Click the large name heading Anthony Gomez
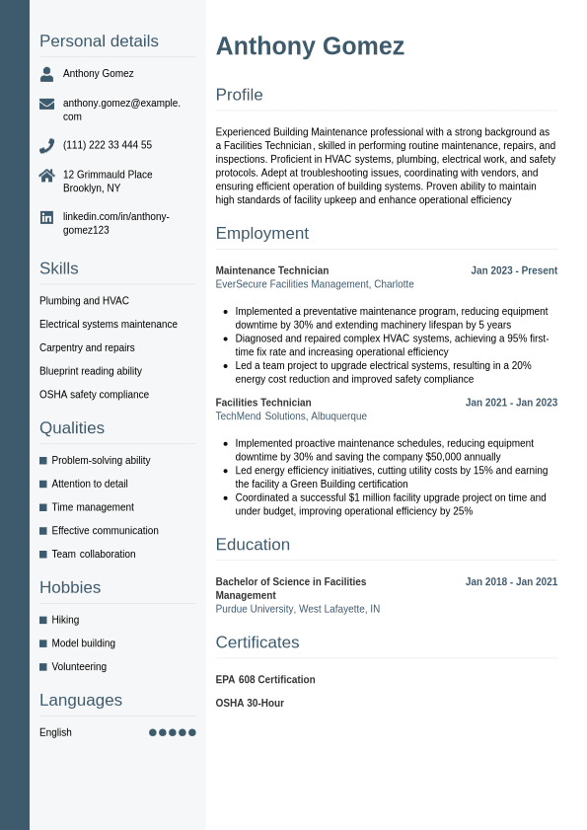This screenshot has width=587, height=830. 310,46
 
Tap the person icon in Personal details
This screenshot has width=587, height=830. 46,74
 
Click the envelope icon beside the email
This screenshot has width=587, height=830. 46,104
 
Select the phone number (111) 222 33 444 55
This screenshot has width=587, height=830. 108,145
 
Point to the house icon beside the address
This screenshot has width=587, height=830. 46,176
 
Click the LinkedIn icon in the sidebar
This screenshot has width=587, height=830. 46,217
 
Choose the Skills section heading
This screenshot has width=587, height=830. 59,268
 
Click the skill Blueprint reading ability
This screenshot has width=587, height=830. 91,371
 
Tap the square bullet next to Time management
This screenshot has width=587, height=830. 43,507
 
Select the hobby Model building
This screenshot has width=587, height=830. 83,643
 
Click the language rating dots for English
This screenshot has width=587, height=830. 173,732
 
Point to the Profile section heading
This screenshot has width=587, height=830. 240,95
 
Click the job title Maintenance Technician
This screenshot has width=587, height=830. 272,270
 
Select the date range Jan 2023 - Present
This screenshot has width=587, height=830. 514,270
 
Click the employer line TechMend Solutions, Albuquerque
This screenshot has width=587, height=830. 291,416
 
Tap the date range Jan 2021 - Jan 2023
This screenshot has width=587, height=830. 511,403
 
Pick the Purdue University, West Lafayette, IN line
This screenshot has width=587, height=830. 298,609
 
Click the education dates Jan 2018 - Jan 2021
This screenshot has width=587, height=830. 511,582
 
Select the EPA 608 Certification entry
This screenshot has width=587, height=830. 265,680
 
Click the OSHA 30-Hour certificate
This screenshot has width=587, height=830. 250,704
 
